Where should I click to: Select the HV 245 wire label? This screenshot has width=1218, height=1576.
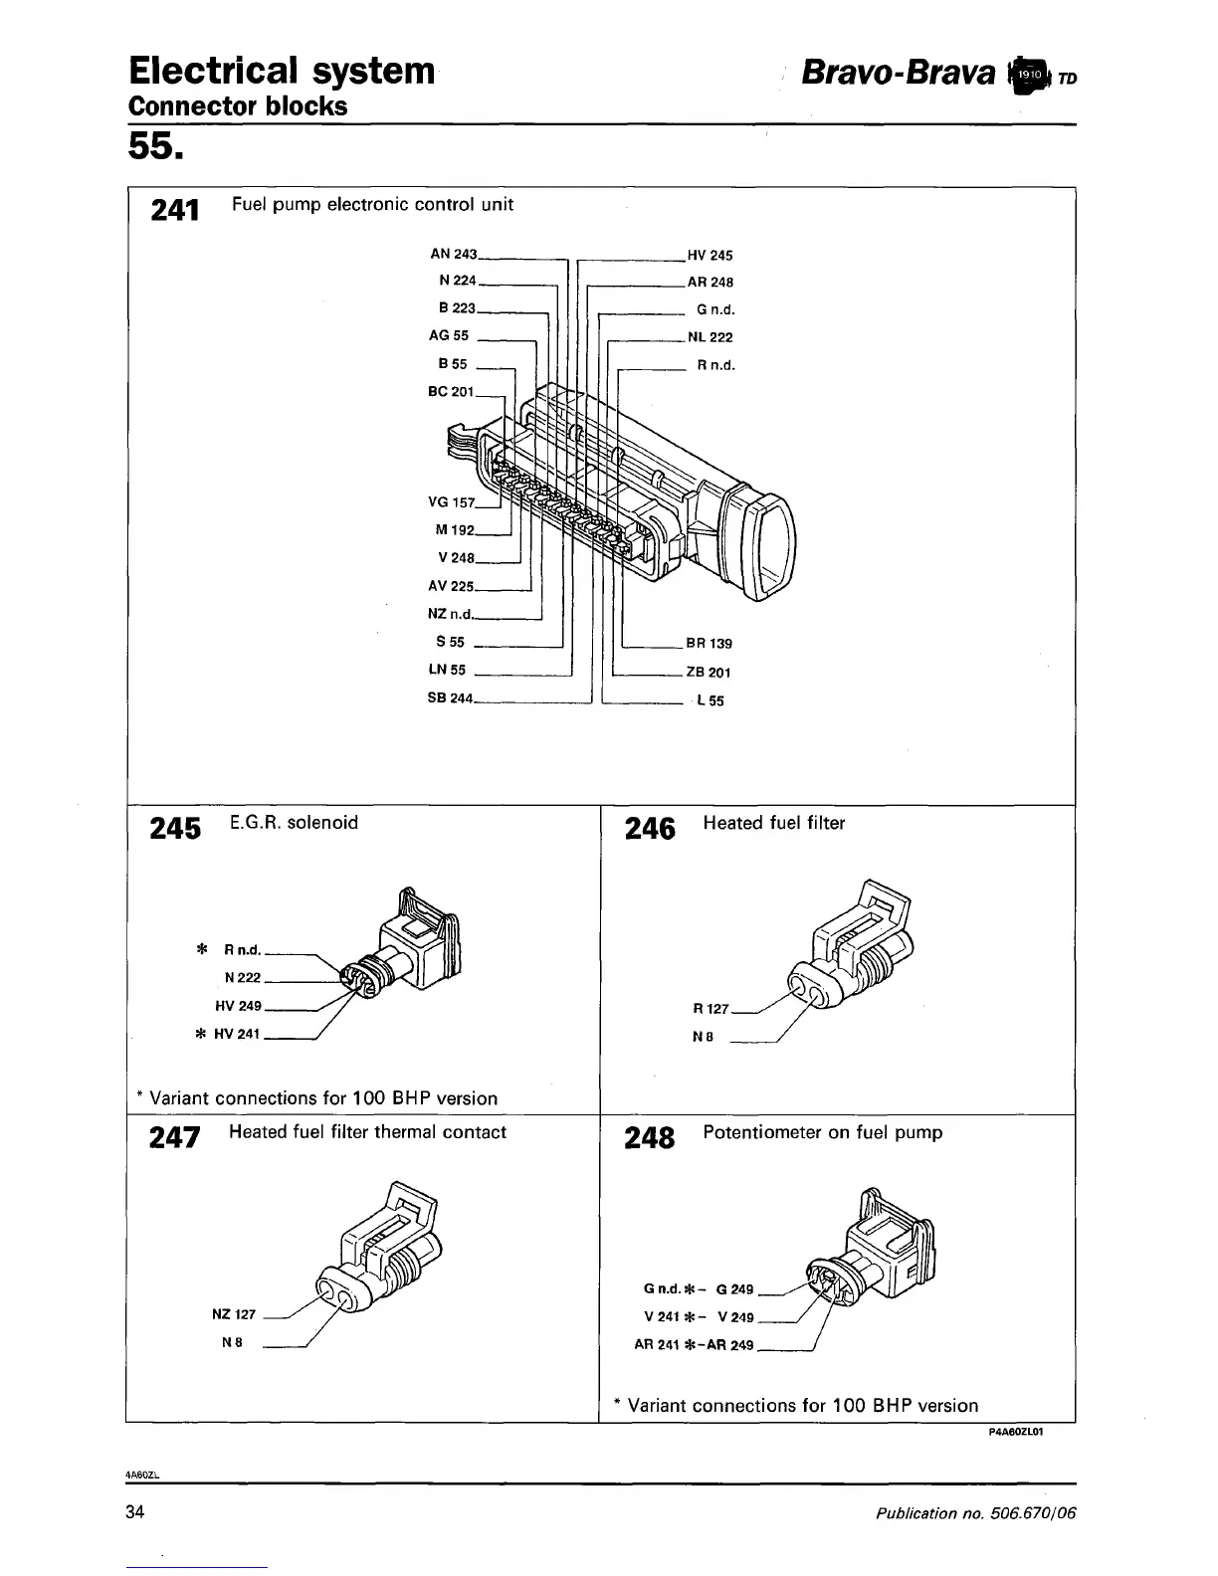710,256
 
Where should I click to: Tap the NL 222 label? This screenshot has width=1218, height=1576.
710,337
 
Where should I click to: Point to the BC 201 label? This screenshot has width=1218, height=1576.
451,392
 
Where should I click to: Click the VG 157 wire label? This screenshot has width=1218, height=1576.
451,502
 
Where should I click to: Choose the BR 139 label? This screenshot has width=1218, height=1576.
709,644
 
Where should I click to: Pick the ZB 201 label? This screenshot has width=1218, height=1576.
709,673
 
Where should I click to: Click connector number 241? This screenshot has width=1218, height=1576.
175,210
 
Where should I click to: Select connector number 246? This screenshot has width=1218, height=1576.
650,829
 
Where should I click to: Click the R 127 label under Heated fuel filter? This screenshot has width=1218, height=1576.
710,1009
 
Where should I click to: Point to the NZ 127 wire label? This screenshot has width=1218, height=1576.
235,1314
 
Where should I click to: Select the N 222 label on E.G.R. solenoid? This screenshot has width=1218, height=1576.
243,978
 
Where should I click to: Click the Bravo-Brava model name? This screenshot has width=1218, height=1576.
898,73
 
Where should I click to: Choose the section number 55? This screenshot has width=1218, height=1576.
155,146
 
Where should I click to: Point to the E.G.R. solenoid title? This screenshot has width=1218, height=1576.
294,823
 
